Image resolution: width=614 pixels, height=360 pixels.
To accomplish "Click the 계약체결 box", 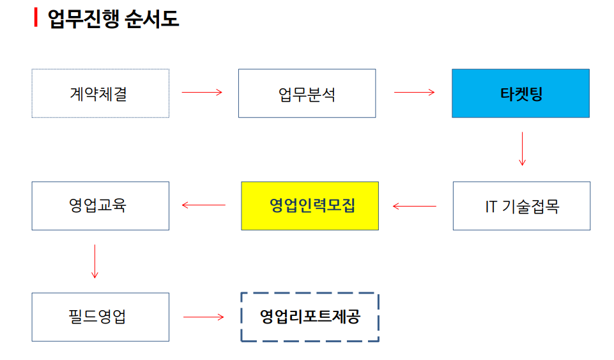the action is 100,93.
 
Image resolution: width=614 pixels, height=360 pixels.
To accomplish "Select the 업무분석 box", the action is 307,93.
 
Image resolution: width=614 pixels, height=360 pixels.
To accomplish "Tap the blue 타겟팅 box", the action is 521,93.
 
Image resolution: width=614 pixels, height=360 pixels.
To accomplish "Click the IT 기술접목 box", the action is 521,206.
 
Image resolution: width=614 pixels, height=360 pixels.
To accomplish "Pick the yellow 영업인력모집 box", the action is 310,206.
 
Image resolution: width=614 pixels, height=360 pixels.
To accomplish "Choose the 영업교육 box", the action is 100,206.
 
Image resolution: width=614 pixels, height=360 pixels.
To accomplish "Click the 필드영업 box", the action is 100,317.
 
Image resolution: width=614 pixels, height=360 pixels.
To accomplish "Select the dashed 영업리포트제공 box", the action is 310,317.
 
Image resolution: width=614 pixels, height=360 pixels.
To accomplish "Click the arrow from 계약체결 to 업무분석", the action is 202,93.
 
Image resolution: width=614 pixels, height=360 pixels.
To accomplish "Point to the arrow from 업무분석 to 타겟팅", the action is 414,93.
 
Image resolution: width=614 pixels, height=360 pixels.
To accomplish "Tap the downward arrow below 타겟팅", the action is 522,149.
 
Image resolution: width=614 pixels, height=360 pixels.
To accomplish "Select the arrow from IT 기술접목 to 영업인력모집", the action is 414,206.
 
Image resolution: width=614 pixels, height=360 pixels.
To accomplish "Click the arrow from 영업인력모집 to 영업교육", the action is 204,205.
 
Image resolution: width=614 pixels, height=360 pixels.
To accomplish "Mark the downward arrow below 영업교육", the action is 95,262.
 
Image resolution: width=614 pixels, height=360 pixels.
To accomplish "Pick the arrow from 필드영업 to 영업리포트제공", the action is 204,317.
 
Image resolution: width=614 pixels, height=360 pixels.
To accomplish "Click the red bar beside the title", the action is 36,18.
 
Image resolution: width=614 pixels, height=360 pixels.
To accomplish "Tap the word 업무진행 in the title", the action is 83,19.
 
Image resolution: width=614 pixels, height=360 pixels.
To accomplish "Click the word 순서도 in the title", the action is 151,19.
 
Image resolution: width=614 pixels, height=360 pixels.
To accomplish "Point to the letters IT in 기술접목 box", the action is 491,207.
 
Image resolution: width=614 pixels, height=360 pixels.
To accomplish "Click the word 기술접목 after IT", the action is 530,206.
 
